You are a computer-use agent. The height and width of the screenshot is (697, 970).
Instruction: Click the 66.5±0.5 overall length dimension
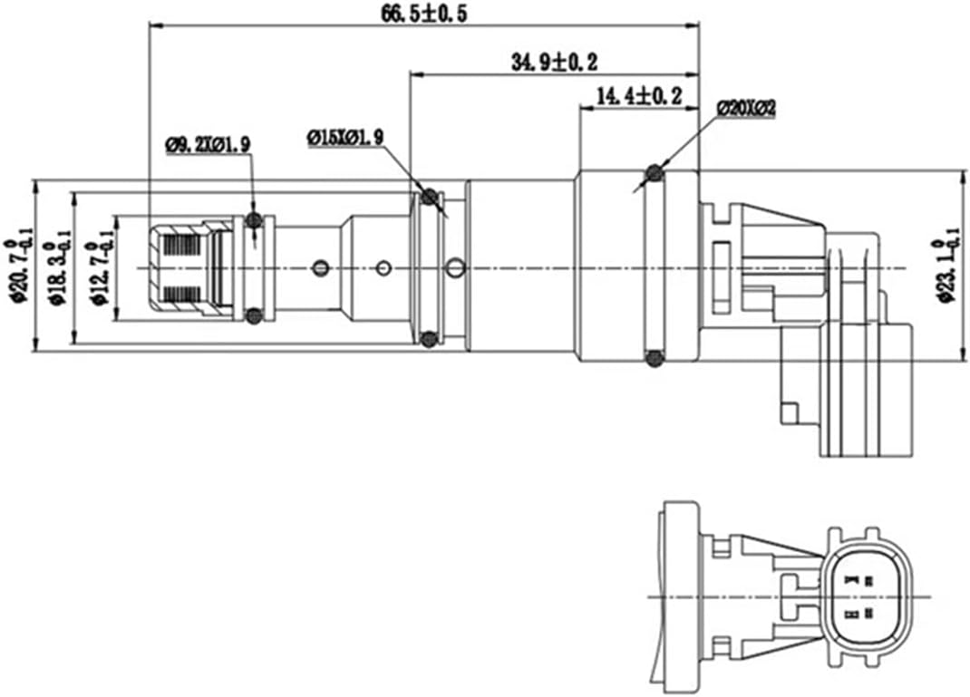coord(422,14)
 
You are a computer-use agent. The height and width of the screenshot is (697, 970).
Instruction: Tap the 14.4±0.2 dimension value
coord(639,95)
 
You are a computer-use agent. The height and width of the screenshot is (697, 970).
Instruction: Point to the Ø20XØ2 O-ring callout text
coord(745,108)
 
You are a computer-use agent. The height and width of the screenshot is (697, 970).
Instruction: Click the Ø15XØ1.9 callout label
coord(345,137)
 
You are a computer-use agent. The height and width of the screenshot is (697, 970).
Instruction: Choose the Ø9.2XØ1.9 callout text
coord(208,143)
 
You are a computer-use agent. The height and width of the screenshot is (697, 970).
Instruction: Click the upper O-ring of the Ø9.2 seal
coord(255,220)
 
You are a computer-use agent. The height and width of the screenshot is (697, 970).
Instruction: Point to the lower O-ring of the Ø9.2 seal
coord(255,315)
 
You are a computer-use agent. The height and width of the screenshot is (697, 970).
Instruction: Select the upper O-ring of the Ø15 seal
coord(430,197)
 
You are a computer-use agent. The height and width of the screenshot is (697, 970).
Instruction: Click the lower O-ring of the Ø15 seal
coord(430,339)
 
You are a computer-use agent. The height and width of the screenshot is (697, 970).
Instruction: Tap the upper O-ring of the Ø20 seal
coord(654,172)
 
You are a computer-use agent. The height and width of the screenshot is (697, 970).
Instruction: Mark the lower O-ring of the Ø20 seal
coord(654,359)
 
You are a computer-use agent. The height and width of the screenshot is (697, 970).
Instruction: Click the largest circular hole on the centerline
coord(456,267)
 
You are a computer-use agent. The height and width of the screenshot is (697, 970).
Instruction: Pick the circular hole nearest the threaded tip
coord(319,267)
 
